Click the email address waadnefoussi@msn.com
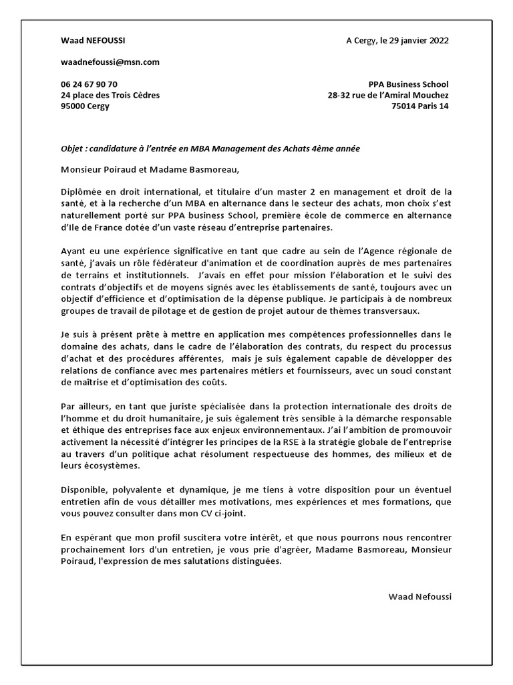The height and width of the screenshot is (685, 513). [x=110, y=62]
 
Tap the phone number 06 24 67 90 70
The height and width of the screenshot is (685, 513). [x=89, y=84]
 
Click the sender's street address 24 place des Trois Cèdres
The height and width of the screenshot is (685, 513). [x=110, y=95]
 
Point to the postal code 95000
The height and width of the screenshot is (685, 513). [x=73, y=106]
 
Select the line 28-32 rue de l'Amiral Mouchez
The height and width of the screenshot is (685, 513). [x=388, y=95]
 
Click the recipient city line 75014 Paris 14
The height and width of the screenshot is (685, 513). [x=420, y=106]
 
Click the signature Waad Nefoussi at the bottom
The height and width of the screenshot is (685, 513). [x=419, y=595]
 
